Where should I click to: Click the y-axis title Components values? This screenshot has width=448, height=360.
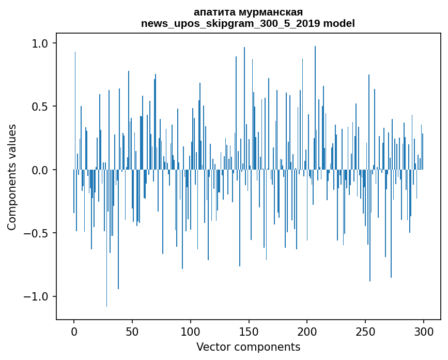12,177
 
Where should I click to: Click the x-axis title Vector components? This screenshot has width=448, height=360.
248,347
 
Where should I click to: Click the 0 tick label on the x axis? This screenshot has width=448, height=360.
74,332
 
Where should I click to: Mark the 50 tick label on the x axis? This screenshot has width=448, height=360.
132,332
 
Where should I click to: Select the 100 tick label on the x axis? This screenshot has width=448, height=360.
191,332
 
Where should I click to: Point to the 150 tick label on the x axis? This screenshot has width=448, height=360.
249,332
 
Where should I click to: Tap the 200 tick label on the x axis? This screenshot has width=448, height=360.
307,332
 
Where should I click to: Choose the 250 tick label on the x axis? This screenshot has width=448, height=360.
365,332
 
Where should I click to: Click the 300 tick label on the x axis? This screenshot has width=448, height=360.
424,332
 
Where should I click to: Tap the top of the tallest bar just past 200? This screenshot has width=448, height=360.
315,47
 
